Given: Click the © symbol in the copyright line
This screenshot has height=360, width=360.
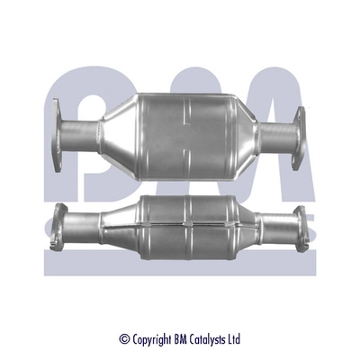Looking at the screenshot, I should [x=124, y=339].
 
